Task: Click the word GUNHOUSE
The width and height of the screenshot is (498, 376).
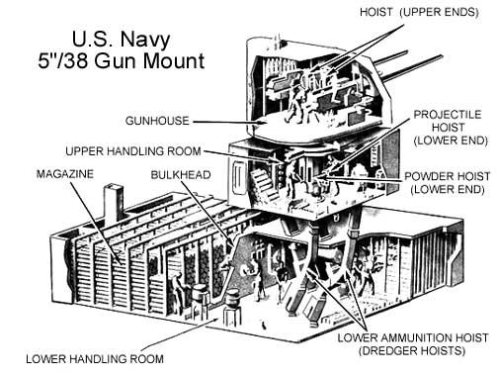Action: [x=157, y=121]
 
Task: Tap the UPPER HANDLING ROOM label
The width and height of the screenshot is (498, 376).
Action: [x=133, y=151]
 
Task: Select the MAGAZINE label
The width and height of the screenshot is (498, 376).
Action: [x=65, y=174]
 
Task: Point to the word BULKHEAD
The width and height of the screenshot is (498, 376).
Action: [x=181, y=175]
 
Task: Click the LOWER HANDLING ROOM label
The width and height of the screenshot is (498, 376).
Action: [x=95, y=359]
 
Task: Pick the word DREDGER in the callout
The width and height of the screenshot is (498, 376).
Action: [x=391, y=350]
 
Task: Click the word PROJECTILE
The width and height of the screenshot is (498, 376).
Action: [x=448, y=115]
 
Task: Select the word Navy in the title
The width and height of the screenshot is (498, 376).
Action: [x=145, y=40]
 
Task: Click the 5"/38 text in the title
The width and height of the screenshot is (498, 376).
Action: [x=63, y=61]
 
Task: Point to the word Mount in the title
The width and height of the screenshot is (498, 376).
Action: [x=174, y=61]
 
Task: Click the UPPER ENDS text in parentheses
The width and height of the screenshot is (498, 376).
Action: [x=439, y=12]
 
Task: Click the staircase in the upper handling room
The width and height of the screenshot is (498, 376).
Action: [x=265, y=183]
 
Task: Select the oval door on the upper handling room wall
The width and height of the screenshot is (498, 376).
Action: [x=239, y=178]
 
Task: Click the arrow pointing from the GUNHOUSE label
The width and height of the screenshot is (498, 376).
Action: [x=230, y=122]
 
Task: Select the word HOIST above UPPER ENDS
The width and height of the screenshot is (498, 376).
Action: [x=376, y=12]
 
